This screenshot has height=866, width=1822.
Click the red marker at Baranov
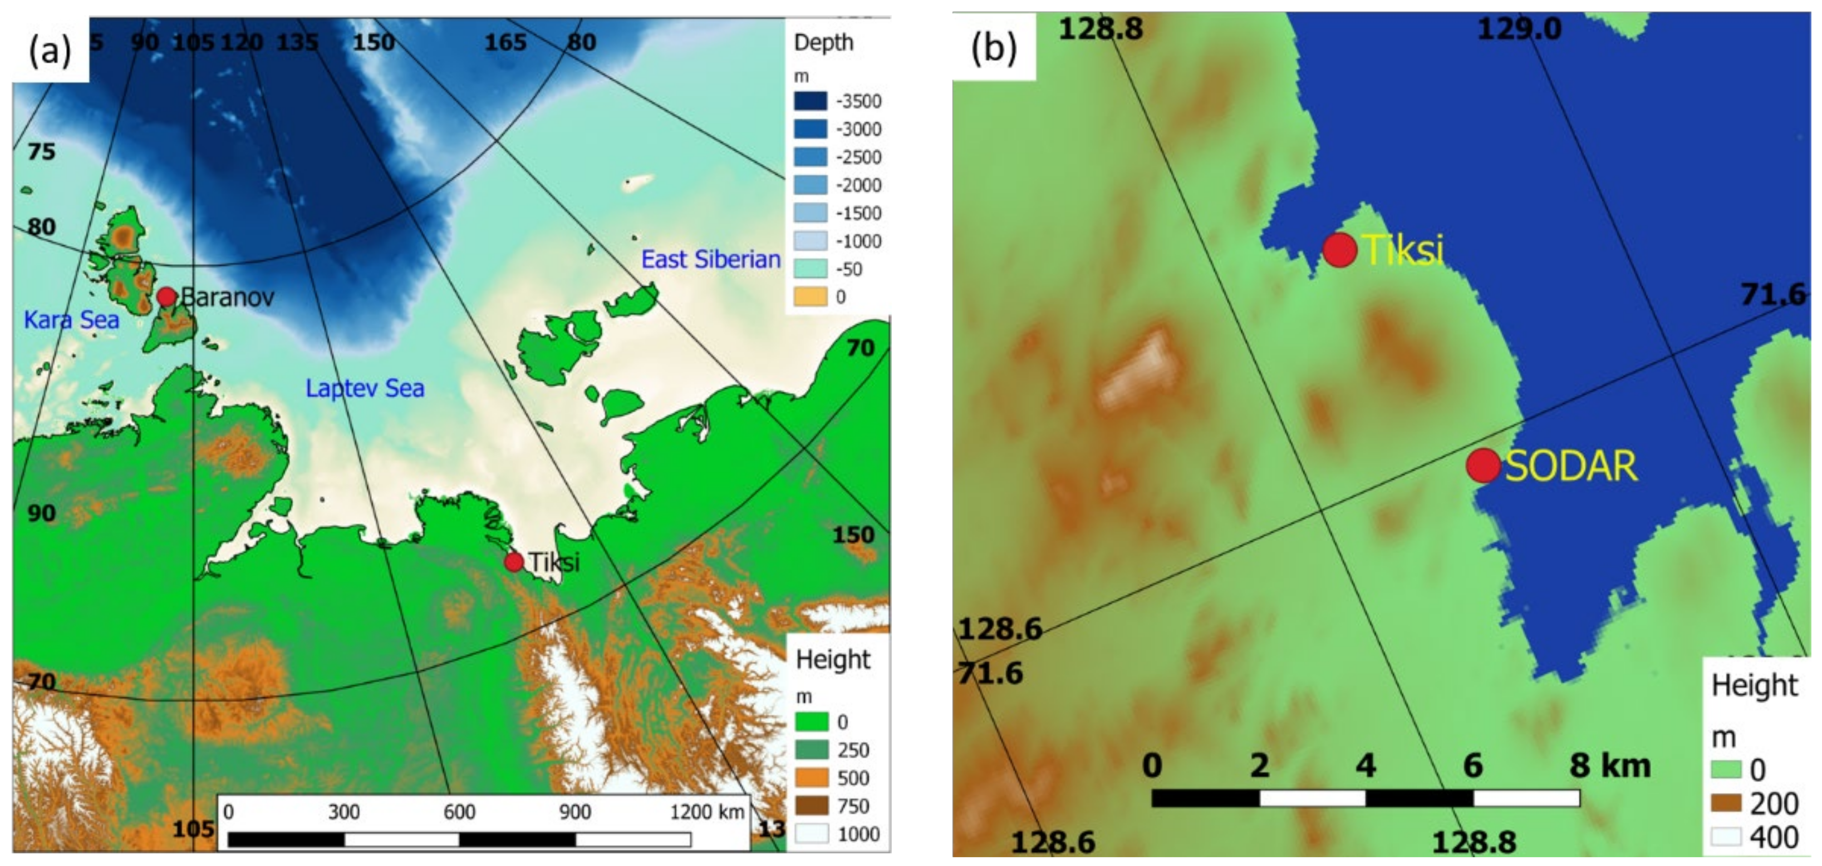166,296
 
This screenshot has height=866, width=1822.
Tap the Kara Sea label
71,320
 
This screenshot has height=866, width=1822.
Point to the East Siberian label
710,259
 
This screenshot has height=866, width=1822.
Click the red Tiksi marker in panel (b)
1339,250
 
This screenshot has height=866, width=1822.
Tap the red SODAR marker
1482,465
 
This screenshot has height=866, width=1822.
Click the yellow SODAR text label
1571,467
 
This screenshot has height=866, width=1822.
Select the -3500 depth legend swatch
810,101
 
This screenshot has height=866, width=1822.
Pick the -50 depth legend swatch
810,269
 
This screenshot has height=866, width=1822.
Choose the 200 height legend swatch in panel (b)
1725,803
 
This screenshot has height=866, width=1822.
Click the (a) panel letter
50,50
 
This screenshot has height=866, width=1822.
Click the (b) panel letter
993,48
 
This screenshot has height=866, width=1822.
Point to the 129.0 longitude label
1519,29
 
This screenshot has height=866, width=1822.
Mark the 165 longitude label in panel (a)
505,42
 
